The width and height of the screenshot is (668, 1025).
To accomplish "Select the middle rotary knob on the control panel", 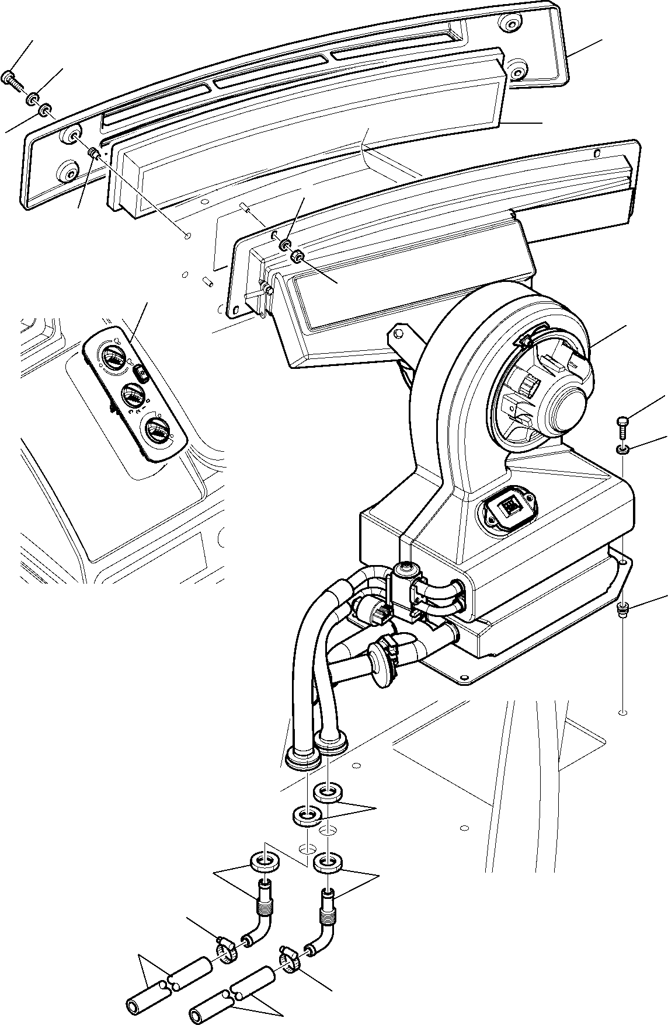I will (133, 399).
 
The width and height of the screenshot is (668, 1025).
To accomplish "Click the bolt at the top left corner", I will (11, 76).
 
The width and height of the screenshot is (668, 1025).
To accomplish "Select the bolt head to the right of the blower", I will (622, 420).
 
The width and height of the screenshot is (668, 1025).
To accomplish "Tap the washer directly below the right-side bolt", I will (623, 449).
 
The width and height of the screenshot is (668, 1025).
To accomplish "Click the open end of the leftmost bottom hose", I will (133, 1006).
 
